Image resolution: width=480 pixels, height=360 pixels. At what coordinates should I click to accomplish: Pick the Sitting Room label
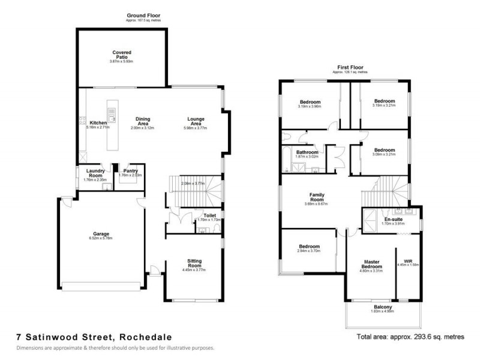[x=194, y=264]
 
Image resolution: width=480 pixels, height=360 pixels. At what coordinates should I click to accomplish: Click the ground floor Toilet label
[x=209, y=215]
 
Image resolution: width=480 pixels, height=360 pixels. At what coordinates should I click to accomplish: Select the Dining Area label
[x=142, y=121]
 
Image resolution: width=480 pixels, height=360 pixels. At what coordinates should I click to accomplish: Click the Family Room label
[x=317, y=197]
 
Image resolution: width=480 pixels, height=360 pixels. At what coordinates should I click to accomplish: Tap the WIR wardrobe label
[x=409, y=260]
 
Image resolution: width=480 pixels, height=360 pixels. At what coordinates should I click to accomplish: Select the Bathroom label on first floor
[x=307, y=152]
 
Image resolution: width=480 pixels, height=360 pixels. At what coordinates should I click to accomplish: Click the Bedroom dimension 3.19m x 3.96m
[x=310, y=107]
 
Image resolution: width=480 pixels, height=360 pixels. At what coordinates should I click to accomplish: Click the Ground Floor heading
[x=143, y=15]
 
